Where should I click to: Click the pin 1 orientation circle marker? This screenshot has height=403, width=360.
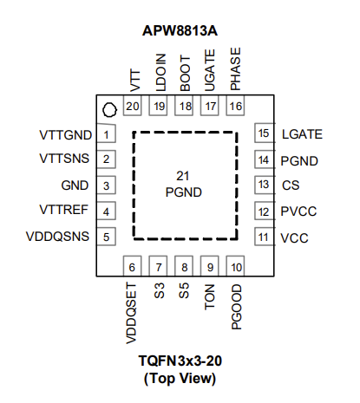[109, 110]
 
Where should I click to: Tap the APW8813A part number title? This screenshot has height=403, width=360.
[180, 30]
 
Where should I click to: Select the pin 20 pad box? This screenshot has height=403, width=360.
[133, 106]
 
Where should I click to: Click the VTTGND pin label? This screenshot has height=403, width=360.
[66, 135]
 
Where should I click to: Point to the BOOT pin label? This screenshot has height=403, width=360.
[185, 74]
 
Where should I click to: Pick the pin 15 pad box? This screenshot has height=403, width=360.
[264, 133]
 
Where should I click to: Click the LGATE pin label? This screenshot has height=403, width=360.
[302, 134]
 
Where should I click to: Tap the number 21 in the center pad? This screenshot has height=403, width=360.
[183, 176]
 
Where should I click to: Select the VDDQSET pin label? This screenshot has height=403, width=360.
[131, 314]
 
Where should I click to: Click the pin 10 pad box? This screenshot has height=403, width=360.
[236, 266]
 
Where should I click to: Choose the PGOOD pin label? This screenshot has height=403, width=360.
[237, 307]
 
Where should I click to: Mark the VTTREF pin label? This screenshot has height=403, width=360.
[63, 210]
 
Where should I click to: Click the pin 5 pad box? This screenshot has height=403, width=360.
[106, 237]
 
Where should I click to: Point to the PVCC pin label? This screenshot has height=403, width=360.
[298, 211]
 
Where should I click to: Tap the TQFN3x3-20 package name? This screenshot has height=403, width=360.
[180, 361]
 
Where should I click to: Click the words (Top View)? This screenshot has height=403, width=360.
[180, 378]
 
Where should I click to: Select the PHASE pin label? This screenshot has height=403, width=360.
[235, 69]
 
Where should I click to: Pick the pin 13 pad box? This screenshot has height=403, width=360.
[264, 185]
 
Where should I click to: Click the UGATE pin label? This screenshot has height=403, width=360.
[210, 70]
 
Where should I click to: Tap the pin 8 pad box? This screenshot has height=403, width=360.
[184, 266]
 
